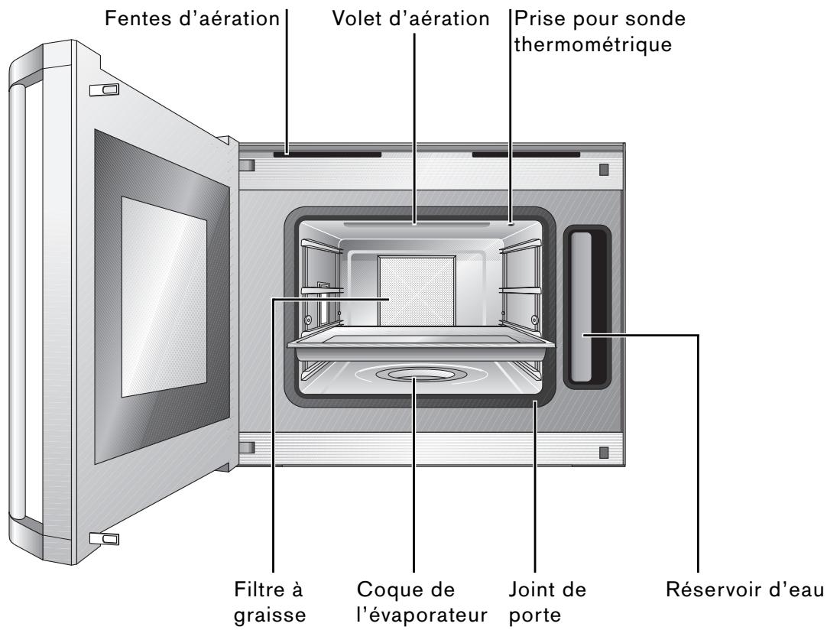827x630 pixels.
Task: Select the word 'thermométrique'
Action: point(592,44)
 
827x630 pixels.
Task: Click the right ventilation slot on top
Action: point(526,154)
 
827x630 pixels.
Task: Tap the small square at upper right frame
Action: point(604,168)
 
